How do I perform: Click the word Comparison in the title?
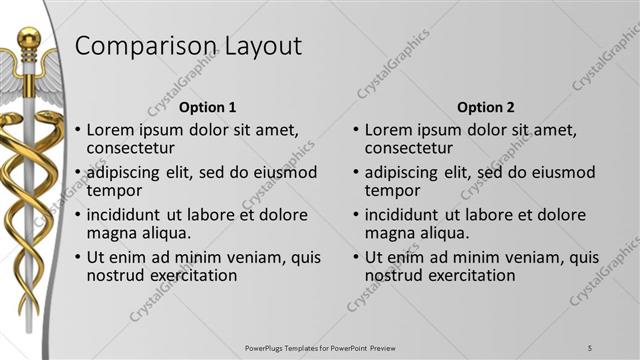pos(140,47)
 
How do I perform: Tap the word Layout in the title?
pos(255,47)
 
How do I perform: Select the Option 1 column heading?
pos(207,107)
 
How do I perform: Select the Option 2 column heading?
pos(485,107)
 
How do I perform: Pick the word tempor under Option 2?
pos(393,191)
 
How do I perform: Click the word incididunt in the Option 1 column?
pos(131,214)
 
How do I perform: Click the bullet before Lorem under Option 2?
pos(357,130)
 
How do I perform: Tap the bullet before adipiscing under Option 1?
pos(79,172)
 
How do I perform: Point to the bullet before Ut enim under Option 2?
pos(357,257)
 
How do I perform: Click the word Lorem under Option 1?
pos(110,130)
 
